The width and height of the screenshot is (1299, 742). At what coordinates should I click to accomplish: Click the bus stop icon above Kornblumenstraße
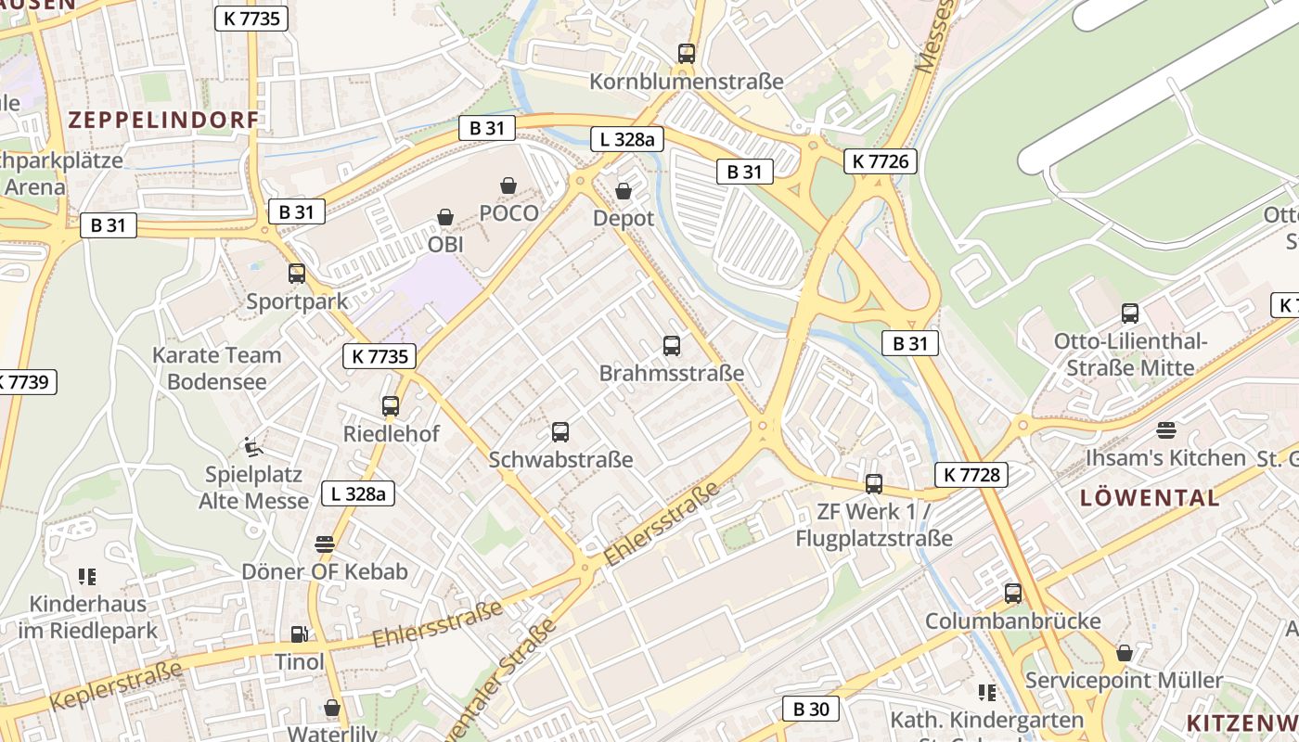687,54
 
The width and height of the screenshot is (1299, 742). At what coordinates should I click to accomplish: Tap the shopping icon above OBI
445,217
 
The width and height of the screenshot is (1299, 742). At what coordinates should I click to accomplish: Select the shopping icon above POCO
508,185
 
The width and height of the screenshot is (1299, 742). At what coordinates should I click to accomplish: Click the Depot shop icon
624,191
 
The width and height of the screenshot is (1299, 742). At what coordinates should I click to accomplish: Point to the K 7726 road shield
881,161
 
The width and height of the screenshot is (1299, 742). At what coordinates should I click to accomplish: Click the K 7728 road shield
971,475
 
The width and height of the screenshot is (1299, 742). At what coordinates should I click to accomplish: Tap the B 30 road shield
811,710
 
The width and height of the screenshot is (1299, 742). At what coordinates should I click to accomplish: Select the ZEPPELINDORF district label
163,120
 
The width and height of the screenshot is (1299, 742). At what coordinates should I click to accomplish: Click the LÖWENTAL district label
1150,497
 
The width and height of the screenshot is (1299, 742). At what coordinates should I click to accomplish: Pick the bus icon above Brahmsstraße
672,346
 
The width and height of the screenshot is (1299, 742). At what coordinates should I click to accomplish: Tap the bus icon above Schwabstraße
560,431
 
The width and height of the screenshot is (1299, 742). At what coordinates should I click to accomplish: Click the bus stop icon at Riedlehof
391,406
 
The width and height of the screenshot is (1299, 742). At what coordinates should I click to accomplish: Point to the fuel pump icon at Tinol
299,634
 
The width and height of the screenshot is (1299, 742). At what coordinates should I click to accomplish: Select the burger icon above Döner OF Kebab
324,544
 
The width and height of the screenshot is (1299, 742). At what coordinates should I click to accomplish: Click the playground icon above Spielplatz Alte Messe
253,447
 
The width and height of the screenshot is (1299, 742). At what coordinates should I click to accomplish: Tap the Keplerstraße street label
115,686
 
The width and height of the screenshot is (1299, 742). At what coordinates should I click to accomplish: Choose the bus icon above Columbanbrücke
1013,593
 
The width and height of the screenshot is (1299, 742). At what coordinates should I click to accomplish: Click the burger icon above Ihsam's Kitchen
1166,430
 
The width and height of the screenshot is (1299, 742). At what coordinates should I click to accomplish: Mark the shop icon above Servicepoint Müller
1125,653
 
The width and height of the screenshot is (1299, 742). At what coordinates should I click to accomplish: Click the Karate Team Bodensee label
216,368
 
